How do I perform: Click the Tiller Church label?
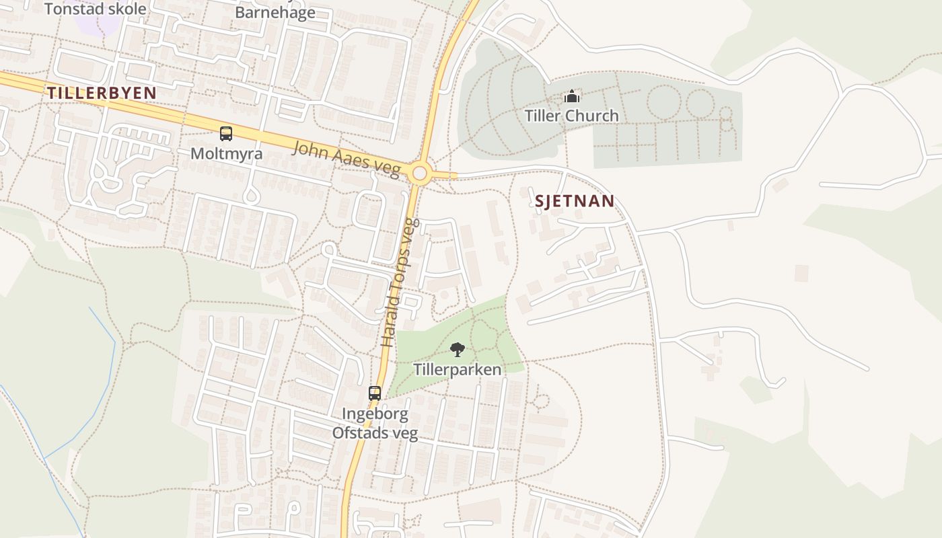(571, 116)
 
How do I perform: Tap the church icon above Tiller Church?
(572, 97)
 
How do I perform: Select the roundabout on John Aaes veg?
(420, 174)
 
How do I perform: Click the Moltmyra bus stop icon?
(226, 134)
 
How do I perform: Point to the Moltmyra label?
(226, 153)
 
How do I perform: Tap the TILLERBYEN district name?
(102, 93)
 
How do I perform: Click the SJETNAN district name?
(575, 201)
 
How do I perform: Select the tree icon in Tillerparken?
(457, 350)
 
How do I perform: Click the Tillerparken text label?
(457, 370)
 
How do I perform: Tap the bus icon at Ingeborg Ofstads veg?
(375, 393)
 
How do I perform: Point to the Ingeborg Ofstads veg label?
(375, 423)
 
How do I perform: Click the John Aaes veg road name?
(347, 159)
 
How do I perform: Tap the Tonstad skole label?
(95, 9)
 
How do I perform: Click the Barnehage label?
(275, 12)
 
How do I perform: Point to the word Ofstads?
(360, 432)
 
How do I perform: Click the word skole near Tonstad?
(125, 9)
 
